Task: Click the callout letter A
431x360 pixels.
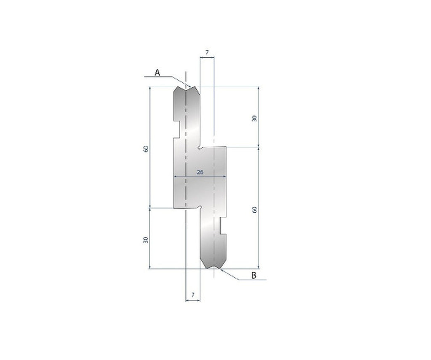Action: (x=157, y=72)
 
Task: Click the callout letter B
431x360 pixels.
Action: (x=254, y=275)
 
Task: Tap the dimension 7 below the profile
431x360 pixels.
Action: (x=193, y=295)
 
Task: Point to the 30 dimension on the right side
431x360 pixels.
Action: (x=254, y=118)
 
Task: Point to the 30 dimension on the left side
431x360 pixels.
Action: (x=146, y=240)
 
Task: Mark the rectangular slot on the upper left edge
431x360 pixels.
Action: (x=177, y=128)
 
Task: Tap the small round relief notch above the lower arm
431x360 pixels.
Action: (x=200, y=207)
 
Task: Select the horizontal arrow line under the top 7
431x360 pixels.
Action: (x=207, y=58)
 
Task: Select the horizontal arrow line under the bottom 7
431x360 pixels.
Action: (x=193, y=301)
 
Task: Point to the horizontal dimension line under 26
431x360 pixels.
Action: (x=200, y=176)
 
